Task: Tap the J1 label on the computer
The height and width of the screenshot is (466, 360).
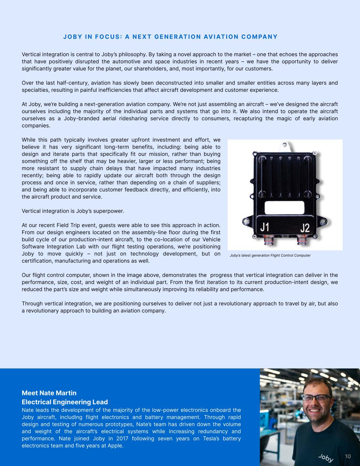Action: pyautogui.click(x=265, y=227)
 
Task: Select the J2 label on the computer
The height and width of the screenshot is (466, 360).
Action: pyautogui.click(x=305, y=228)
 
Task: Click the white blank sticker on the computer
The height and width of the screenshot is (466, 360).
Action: pyautogui.click(x=284, y=207)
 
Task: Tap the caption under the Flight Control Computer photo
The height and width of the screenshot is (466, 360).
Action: pyautogui.click(x=270, y=255)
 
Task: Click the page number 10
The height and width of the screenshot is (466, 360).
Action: pyautogui.click(x=348, y=456)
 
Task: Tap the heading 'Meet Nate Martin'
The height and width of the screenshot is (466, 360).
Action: pyautogui.click(x=49, y=393)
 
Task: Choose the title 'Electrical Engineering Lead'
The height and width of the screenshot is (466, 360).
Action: pyautogui.click(x=65, y=402)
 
